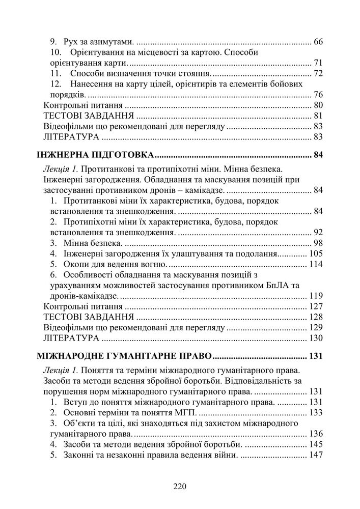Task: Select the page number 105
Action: (316, 253)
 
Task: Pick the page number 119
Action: (316, 296)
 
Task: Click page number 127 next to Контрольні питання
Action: (316, 307)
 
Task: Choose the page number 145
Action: (316, 444)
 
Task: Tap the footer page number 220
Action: (180, 486)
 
